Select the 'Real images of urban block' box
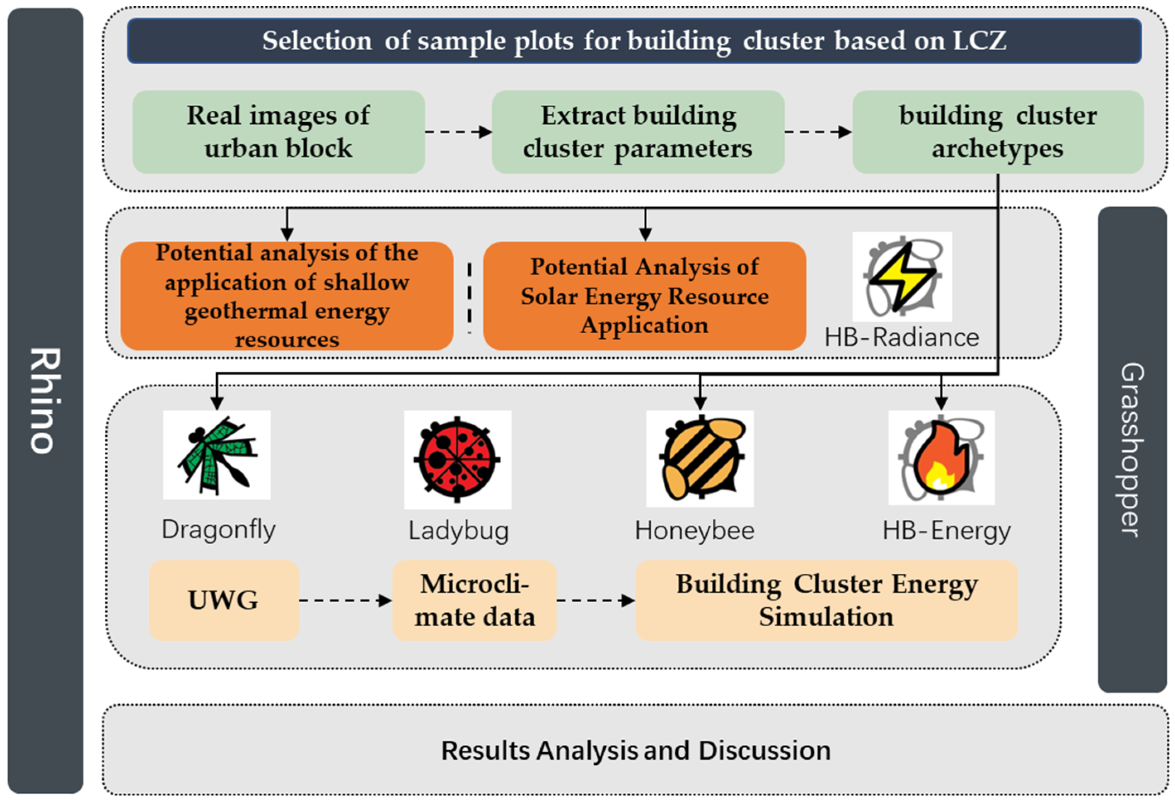click(278, 132)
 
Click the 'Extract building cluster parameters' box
click(638, 132)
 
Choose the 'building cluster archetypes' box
click(998, 132)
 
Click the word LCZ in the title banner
click(979, 41)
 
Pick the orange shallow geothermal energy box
click(287, 296)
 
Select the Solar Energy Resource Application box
click(644, 296)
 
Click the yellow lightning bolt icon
click(902, 277)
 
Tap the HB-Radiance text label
click(902, 337)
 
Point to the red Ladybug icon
click(457, 459)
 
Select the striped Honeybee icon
click(700, 458)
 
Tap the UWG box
click(223, 601)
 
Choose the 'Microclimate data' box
click(474, 601)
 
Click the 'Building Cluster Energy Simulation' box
click(826, 601)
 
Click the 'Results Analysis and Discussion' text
click(636, 750)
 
